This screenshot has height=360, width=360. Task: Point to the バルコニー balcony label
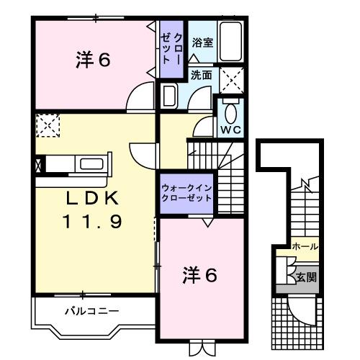pos(92,311)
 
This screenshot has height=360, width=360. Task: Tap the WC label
pos(230,130)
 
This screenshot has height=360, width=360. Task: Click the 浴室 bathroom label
pos(202,42)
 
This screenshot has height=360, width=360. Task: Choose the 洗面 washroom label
pos(201,74)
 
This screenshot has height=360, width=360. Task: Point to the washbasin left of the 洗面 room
pos(169,96)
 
